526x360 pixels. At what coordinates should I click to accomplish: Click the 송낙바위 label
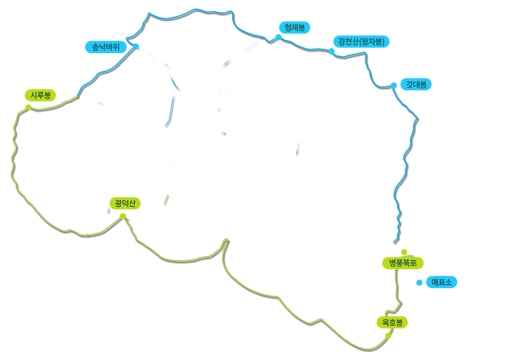[x=106, y=47]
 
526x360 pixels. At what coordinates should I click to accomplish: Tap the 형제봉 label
[x=294, y=27]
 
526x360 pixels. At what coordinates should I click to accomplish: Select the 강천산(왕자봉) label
[x=361, y=41]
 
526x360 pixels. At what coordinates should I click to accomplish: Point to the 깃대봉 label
[x=416, y=84]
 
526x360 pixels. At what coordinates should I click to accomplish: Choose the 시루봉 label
[x=40, y=95]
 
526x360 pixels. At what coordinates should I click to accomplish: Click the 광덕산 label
[x=125, y=203]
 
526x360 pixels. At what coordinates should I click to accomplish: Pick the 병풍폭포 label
[x=403, y=263]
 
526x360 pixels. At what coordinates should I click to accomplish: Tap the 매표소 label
[x=441, y=282]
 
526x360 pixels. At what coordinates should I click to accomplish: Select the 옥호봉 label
[x=392, y=322]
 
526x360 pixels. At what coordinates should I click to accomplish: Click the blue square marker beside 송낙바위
[x=136, y=46]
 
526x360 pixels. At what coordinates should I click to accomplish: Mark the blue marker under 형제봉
[x=278, y=37]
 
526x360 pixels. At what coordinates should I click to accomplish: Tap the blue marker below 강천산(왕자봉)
[x=332, y=51]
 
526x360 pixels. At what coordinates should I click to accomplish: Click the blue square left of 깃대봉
[x=394, y=85]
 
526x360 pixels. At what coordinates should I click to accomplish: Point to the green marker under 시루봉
[x=28, y=107]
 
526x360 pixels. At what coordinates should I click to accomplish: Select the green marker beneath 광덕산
[x=123, y=215]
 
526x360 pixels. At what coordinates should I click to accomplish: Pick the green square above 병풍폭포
[x=404, y=251]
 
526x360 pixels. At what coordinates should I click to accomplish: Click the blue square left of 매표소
[x=419, y=282]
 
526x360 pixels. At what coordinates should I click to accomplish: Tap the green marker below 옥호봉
[x=388, y=335]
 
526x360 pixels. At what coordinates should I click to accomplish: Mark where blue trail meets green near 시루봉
[x=78, y=97]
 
